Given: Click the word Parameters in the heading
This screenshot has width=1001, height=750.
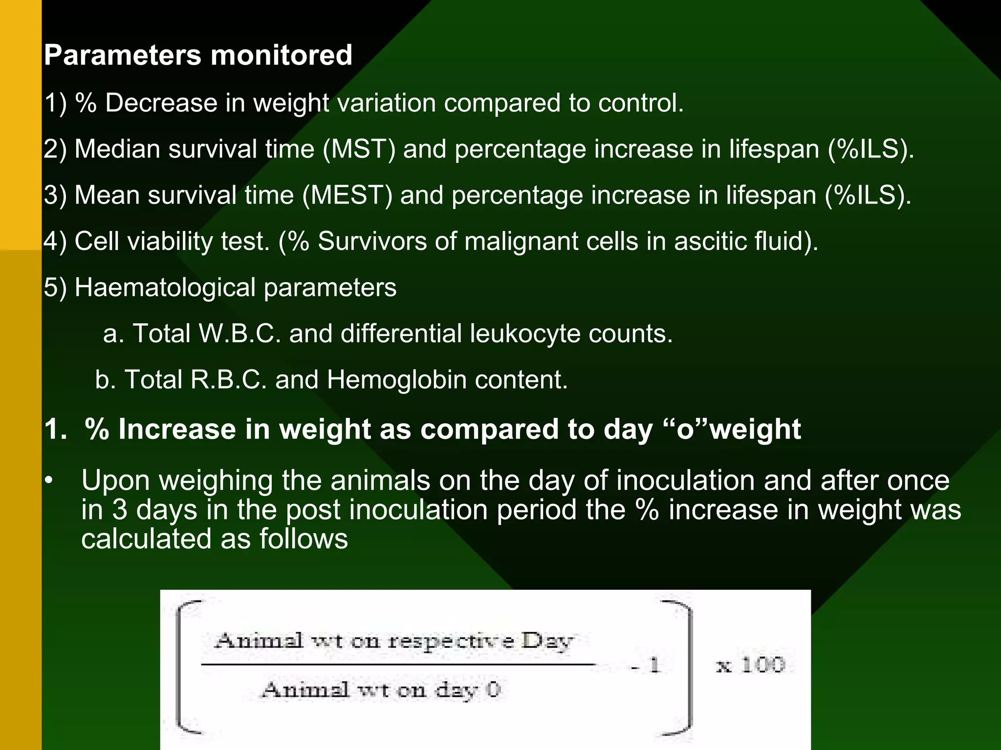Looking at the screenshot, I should tap(122, 55).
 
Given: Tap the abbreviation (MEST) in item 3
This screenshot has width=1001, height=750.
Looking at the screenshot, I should tap(347, 195).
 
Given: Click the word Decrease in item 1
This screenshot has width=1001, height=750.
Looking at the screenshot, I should tap(161, 103).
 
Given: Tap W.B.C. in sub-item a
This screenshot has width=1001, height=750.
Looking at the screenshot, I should tap(239, 333).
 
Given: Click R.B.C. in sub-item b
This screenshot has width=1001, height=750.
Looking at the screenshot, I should tap(228, 379).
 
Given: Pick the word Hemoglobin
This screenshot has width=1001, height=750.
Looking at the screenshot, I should tap(396, 379).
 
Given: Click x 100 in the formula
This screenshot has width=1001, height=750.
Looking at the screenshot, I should tap(750, 665).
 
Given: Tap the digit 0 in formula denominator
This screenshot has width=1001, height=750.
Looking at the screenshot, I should tap(494, 689).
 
